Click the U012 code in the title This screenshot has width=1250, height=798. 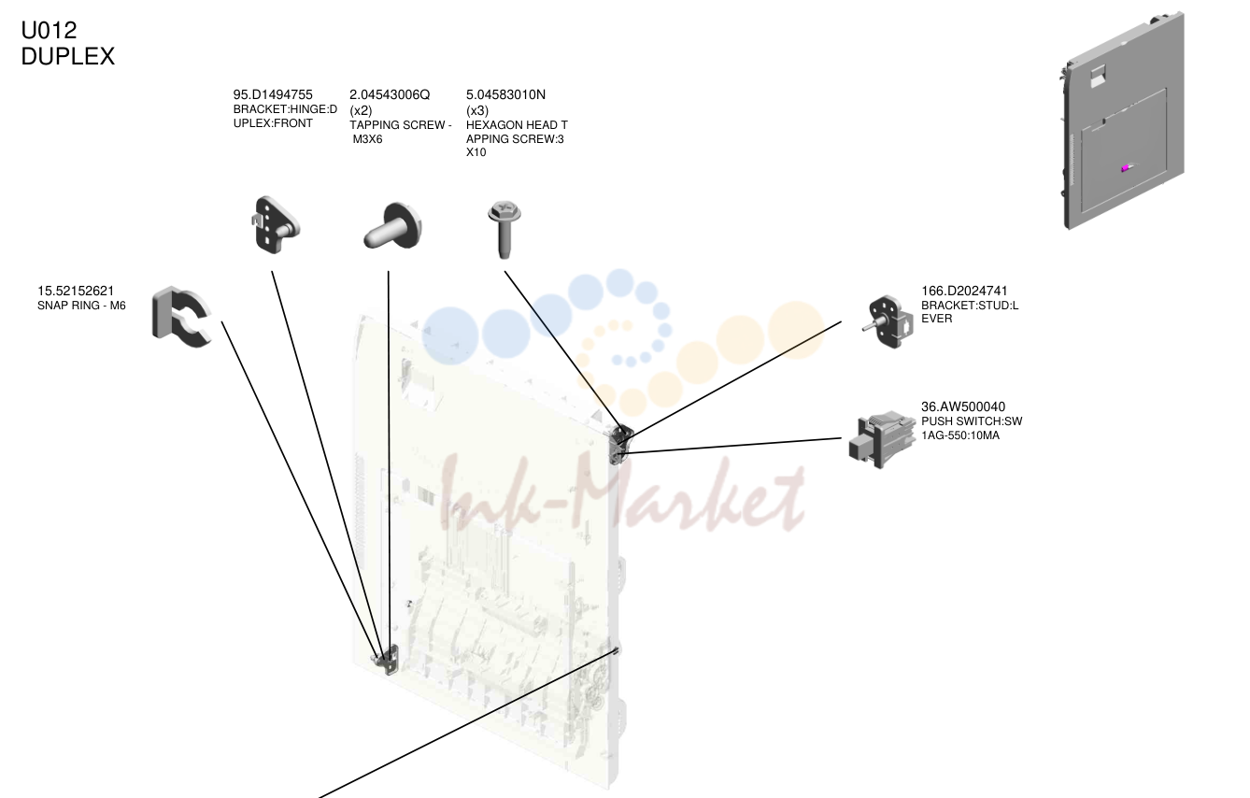[49, 30]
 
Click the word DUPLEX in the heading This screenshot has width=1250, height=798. [67, 56]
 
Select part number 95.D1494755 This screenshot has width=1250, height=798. [273, 95]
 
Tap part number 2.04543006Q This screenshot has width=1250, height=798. [390, 95]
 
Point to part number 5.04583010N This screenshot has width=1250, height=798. [505, 95]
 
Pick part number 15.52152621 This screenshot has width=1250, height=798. [76, 291]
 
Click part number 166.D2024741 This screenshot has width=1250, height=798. [964, 291]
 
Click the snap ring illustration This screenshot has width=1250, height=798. [181, 317]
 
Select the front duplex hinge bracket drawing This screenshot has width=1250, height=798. [274, 225]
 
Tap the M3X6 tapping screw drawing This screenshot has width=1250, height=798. [393, 226]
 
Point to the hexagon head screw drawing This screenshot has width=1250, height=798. [504, 229]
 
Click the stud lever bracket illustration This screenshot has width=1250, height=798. [888, 322]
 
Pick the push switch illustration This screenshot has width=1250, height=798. [882, 440]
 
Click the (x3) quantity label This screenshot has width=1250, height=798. [477, 110]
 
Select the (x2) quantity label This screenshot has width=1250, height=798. [361, 110]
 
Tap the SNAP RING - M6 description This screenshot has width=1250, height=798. [81, 306]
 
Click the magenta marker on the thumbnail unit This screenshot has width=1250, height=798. [1126, 168]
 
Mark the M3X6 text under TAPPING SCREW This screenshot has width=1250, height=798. [368, 139]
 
